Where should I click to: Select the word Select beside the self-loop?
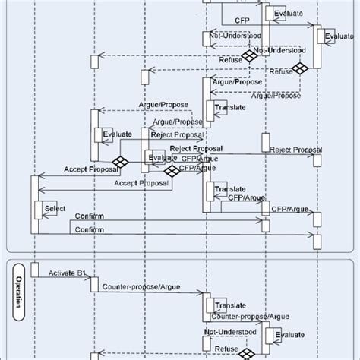tap(55, 207)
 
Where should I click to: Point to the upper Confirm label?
tap(90, 216)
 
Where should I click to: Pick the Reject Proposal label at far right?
tap(296, 150)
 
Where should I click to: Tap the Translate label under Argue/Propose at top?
tap(229, 108)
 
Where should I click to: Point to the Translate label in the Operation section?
tap(229, 305)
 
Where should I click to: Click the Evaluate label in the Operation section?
tap(290, 334)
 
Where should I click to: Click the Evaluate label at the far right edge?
tap(339, 36)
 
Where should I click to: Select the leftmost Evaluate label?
tap(117, 134)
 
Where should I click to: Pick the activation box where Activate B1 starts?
tap(35, 270)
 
